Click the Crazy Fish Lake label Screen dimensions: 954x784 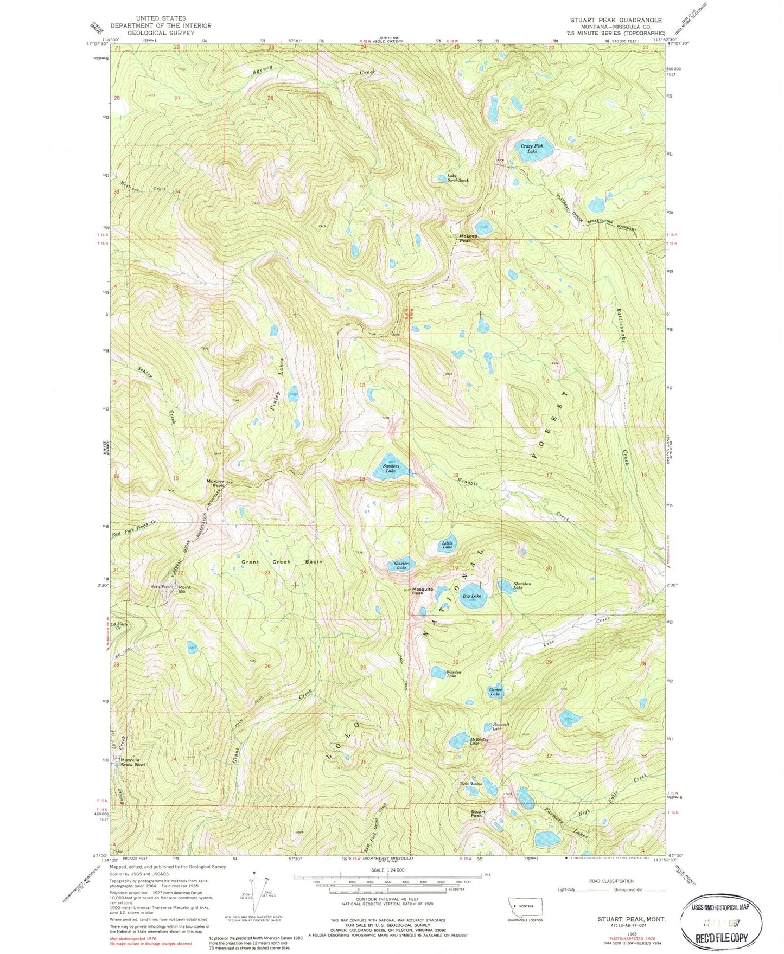[x=532, y=149]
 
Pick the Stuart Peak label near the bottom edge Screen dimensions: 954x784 [x=477, y=814]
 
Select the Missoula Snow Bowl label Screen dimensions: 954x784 [x=133, y=762]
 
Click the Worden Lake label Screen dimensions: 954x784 [x=453, y=674]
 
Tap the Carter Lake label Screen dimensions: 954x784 [x=495, y=692]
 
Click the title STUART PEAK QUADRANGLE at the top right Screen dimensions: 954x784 [x=615, y=20]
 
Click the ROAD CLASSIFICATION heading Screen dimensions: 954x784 [x=611, y=881]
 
